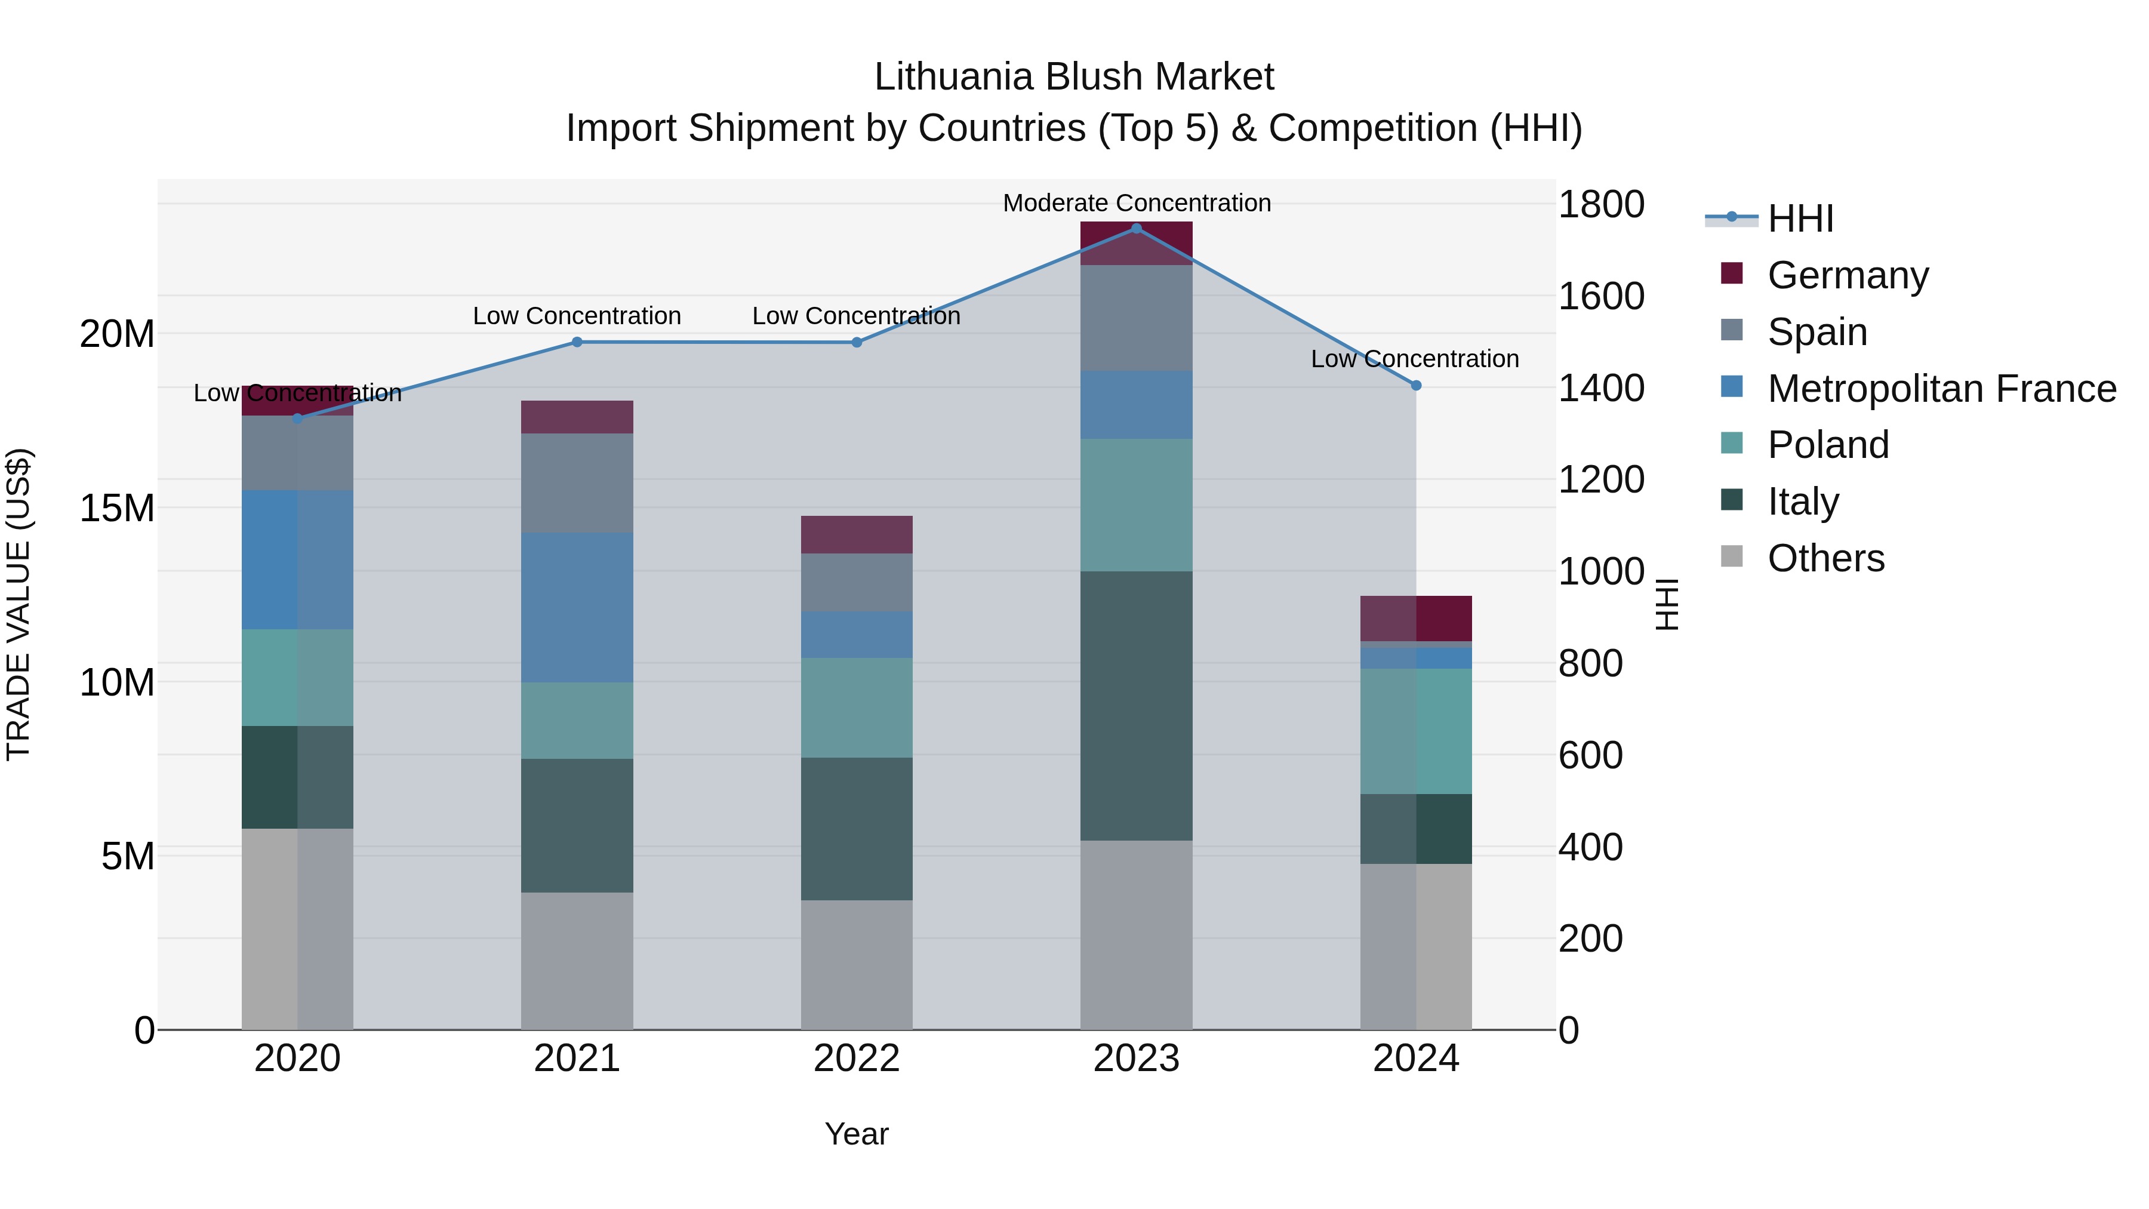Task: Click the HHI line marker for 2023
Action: point(1136,228)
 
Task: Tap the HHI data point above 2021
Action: point(577,342)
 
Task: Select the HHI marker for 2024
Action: point(1416,386)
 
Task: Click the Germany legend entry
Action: point(1848,275)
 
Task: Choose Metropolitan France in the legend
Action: point(1941,389)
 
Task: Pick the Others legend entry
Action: point(1825,558)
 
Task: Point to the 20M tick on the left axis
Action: point(117,334)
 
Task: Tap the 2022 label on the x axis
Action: point(856,1059)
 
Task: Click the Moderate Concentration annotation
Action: point(1136,203)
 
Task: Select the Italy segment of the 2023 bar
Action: point(1136,705)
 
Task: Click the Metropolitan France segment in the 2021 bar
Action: point(577,607)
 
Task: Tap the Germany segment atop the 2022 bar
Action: point(856,535)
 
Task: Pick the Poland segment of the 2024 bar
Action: point(1416,731)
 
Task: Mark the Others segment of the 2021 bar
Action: point(577,961)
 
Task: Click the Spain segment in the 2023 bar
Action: point(1136,318)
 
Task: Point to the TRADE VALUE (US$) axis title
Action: point(19,604)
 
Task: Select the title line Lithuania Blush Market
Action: point(1074,77)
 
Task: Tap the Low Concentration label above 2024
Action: point(1415,359)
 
